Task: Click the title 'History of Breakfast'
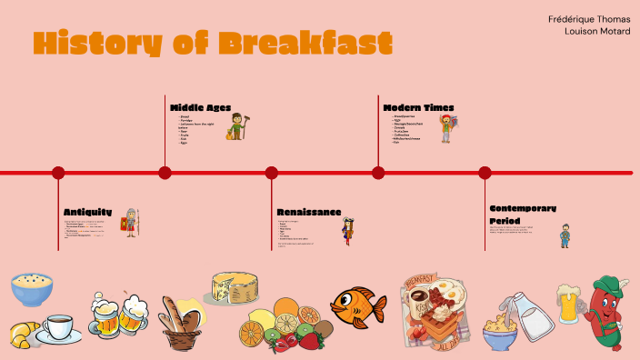(213, 42)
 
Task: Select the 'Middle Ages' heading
(200, 107)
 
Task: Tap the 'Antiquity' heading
(88, 212)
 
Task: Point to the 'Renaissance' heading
(309, 212)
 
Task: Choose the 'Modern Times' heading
(418, 107)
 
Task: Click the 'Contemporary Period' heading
(522, 214)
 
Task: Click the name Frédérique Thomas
(589, 18)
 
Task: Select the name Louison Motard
(597, 31)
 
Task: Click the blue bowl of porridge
(32, 290)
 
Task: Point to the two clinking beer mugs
(118, 314)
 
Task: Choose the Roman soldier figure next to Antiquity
(133, 222)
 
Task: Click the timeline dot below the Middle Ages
(165, 173)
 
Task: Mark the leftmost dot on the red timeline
(58, 173)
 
